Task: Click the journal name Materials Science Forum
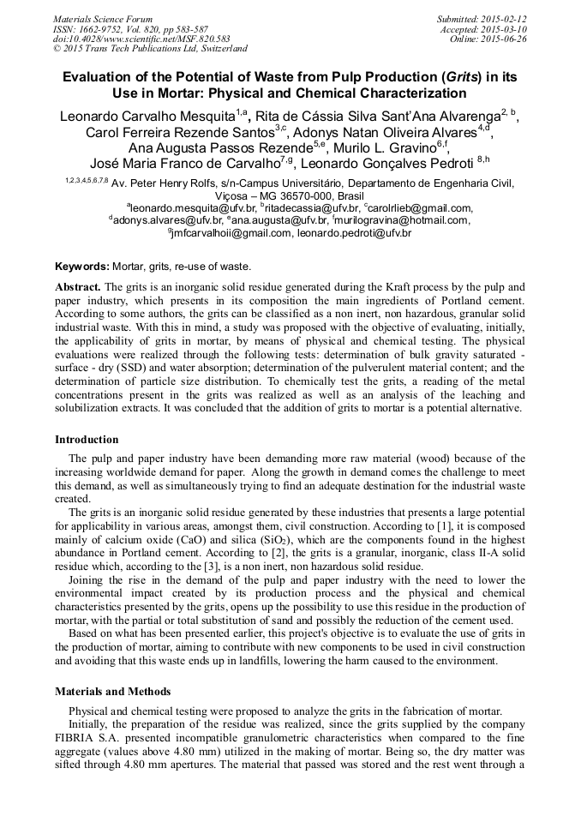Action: (x=103, y=19)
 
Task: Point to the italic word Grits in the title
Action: (x=458, y=75)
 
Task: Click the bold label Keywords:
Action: (x=83, y=267)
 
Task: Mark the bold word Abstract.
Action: (x=79, y=285)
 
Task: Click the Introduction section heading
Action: (x=87, y=440)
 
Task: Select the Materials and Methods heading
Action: (x=112, y=691)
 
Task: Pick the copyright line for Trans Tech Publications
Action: (x=150, y=49)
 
